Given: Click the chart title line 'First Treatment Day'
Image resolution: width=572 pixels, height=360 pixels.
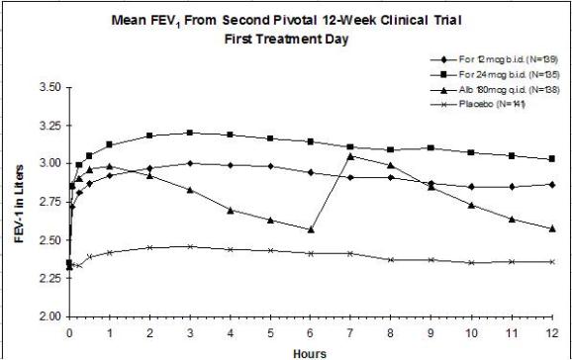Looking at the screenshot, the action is (286, 39).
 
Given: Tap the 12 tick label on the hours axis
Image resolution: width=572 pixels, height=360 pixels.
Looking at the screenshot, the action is (552, 333).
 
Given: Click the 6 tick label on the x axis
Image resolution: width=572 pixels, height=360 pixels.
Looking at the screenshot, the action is (311, 333).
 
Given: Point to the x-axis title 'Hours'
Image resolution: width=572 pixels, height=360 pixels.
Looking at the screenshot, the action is (310, 353).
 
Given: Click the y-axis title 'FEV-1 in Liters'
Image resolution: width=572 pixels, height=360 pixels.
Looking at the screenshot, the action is (19, 204).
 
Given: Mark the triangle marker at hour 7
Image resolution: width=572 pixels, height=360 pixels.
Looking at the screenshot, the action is (350, 156).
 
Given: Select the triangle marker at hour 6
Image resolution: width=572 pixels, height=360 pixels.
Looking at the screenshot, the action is (311, 229).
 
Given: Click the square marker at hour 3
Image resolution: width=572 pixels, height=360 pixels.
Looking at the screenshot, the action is (190, 133).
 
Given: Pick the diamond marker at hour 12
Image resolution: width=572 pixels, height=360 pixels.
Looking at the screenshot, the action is (552, 185).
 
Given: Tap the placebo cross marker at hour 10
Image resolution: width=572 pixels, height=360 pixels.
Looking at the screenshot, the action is (472, 263).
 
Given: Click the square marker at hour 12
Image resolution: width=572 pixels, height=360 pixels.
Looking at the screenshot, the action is (552, 159).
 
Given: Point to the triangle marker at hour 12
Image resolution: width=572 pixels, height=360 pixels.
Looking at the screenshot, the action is (552, 228).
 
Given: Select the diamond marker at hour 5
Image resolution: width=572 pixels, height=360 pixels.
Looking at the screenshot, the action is (270, 166).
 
